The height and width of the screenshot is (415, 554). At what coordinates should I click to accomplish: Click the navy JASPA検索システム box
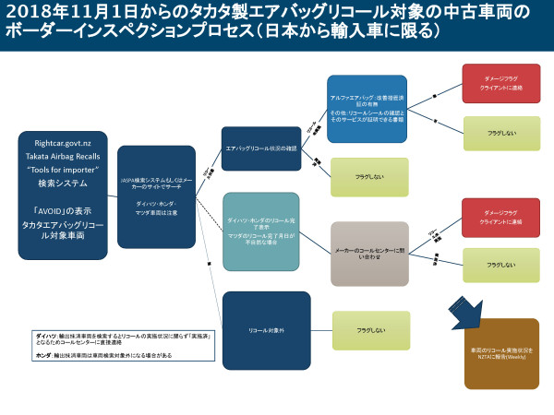click(x=156, y=196)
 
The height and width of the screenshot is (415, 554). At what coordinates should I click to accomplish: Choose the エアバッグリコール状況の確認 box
click(x=261, y=147)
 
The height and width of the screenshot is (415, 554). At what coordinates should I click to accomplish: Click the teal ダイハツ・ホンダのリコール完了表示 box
click(x=261, y=231)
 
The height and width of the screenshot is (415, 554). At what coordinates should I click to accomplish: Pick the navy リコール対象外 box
click(x=261, y=329)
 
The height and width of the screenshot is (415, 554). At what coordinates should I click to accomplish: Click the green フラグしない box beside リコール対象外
click(x=369, y=329)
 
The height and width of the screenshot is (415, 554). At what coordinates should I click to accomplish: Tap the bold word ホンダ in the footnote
click(x=42, y=355)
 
